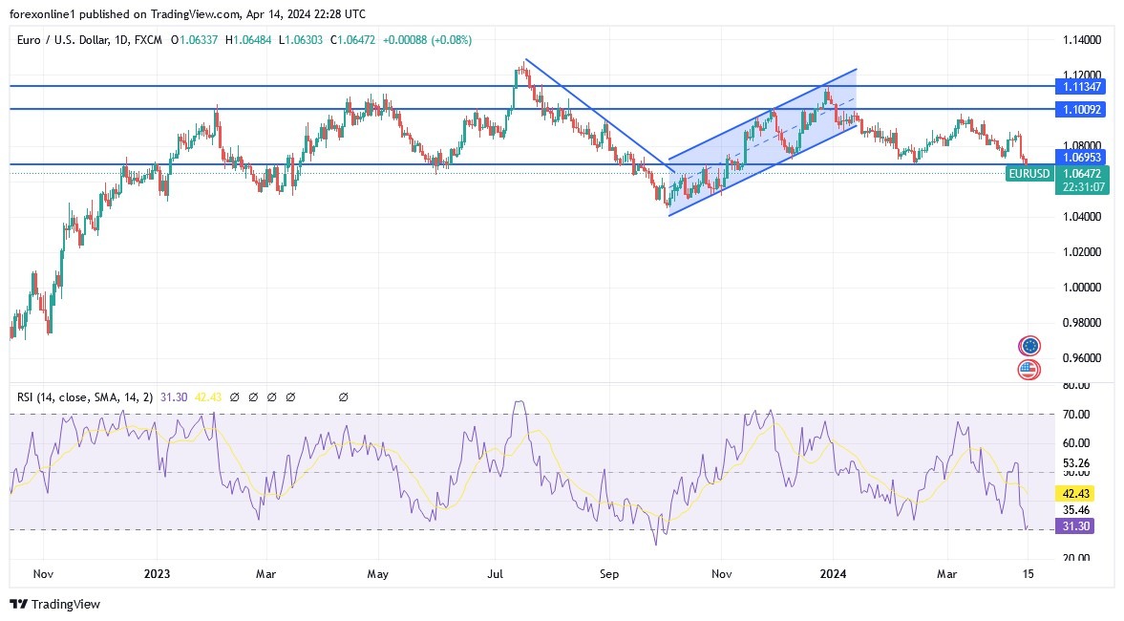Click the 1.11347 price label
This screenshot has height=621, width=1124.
(1081, 86)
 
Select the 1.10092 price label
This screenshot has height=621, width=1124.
(1081, 110)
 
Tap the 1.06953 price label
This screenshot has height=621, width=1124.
(1081, 156)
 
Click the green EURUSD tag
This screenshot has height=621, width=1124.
(1029, 174)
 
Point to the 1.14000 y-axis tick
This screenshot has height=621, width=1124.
(1081, 40)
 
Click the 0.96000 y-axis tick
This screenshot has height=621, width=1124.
(1081, 358)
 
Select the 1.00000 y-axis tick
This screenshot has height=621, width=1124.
(1081, 288)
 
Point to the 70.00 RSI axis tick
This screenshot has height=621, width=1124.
(1076, 415)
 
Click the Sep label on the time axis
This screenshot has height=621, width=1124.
(610, 574)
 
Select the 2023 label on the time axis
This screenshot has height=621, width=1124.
(157, 574)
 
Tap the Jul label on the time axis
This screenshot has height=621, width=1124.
(495, 574)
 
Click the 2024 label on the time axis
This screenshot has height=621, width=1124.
(833, 574)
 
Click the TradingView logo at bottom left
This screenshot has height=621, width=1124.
(54, 604)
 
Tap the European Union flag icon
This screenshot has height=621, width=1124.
(1029, 346)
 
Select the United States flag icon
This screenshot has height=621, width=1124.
(1029, 369)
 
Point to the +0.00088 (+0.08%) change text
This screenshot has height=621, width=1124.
(427, 40)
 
